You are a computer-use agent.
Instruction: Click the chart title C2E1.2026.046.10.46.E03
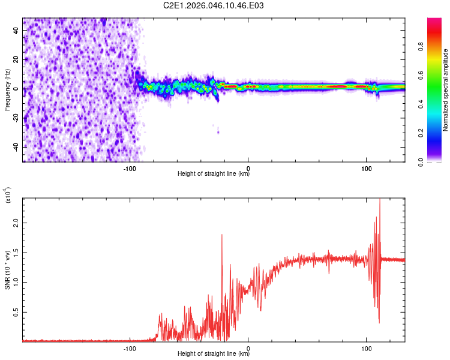214,5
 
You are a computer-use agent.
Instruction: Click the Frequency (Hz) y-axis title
7,89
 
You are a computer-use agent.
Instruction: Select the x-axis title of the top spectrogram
214,174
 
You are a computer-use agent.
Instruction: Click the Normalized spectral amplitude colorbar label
446,90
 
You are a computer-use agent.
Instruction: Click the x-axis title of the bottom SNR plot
214,354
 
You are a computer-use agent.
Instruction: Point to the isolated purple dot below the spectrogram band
218,132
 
